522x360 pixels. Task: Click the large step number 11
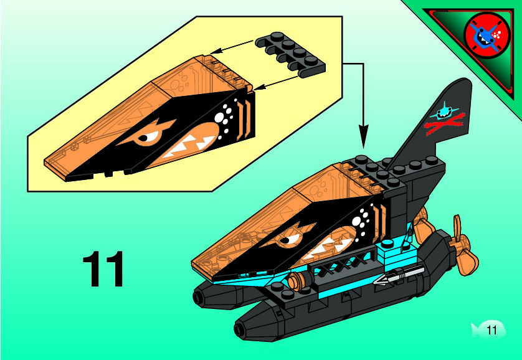pyautogui.click(x=103, y=270)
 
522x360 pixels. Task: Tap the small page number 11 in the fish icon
pyautogui.click(x=491, y=330)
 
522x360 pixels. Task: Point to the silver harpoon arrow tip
pyautogui.click(x=382, y=282)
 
